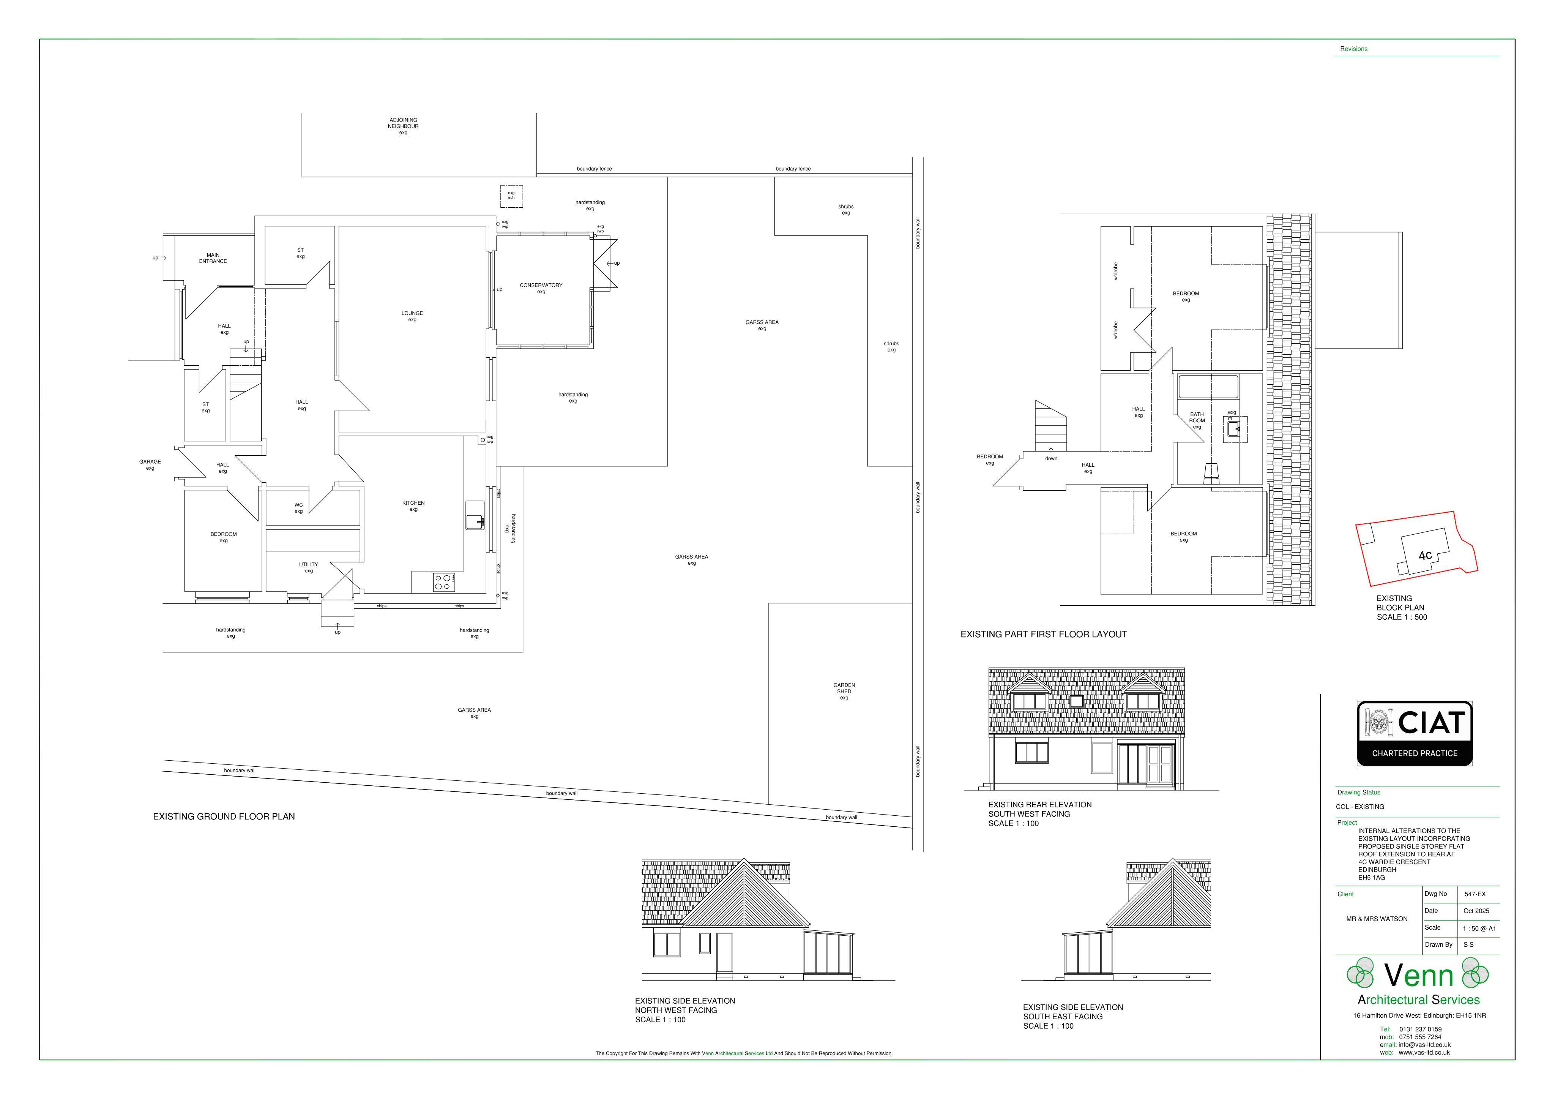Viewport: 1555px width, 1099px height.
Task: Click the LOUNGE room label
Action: [x=412, y=313]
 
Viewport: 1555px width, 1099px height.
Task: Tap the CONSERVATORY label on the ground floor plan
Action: [x=541, y=285]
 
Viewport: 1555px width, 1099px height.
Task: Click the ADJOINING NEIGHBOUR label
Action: [x=403, y=123]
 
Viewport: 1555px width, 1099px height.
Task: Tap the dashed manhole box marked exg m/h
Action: [x=511, y=196]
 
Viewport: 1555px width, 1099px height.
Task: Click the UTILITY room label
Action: [x=308, y=564]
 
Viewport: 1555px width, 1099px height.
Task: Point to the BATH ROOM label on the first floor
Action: [x=1197, y=417]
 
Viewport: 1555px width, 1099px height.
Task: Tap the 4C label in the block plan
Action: [x=1425, y=556]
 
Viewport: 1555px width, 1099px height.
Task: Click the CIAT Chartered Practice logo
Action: [x=1414, y=734]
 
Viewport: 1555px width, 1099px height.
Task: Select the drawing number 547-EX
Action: [x=1475, y=894]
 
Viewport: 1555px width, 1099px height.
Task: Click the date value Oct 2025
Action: [x=1476, y=911]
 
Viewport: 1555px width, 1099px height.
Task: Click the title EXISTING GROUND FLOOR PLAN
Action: [x=224, y=816]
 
